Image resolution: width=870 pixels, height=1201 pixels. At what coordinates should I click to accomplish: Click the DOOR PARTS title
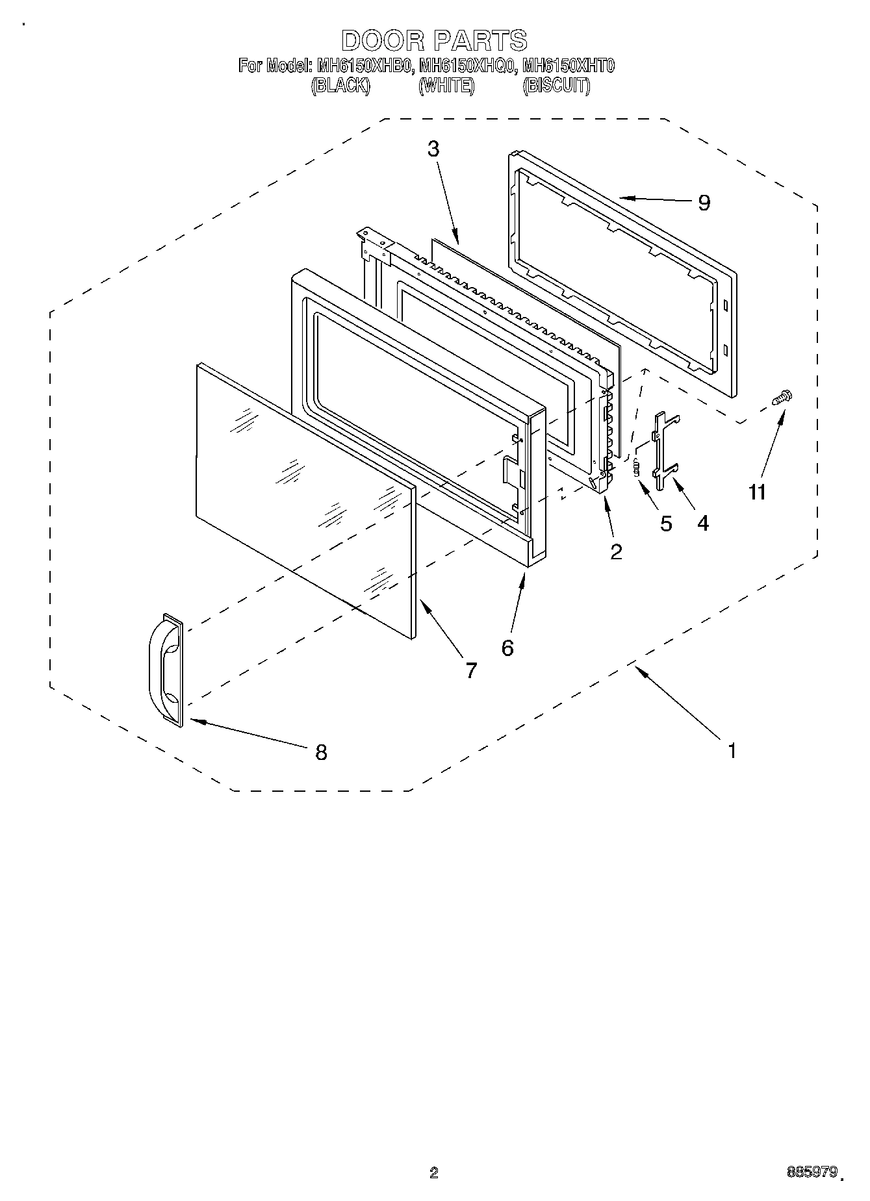434,40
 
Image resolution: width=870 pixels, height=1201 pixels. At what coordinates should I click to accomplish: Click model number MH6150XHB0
364,66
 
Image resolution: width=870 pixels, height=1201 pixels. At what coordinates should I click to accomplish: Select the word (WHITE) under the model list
446,86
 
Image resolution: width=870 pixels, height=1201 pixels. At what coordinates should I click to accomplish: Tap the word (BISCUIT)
556,86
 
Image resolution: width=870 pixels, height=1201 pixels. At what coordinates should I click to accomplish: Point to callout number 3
433,149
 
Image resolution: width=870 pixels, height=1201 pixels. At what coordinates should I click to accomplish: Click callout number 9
704,203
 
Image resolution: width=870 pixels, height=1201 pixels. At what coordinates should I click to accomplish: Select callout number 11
756,492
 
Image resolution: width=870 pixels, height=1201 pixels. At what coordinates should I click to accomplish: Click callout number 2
616,551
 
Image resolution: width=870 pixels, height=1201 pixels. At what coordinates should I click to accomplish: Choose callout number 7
471,670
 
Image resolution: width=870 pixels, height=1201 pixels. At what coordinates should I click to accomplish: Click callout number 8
320,752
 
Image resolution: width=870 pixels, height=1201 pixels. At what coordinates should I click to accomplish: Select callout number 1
732,751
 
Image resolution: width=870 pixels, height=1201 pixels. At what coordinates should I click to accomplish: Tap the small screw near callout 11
782,398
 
